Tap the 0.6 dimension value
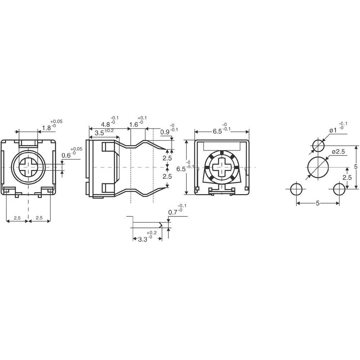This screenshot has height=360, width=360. point(66,155)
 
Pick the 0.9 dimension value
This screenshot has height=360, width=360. point(165,132)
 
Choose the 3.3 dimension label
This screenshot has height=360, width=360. point(143,239)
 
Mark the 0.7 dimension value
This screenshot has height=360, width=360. point(173,212)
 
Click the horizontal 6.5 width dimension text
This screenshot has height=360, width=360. point(217,131)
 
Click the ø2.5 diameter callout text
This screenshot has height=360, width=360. point(338,152)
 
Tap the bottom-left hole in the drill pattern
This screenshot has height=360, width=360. point(296,189)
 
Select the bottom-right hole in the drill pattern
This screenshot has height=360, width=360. point(339,189)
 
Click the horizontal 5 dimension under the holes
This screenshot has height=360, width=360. point(318,203)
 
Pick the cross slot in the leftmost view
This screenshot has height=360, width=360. point(28,167)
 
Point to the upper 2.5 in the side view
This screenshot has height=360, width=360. point(167,158)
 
